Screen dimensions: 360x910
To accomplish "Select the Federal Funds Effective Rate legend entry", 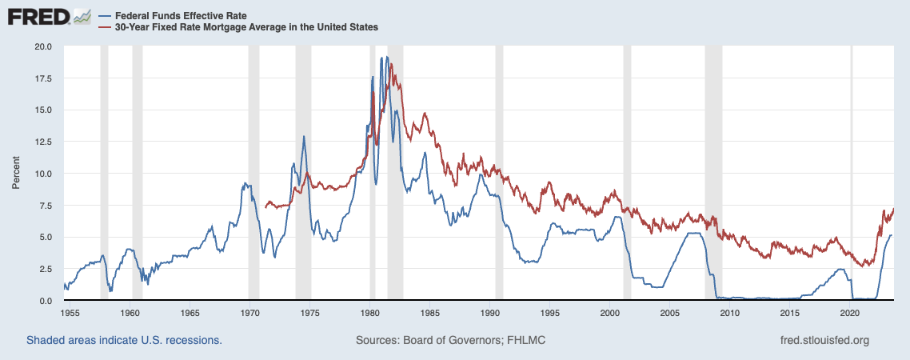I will tap(173, 15).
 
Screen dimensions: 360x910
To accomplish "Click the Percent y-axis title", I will tap(16, 173).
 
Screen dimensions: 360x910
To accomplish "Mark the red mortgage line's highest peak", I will tap(391, 64).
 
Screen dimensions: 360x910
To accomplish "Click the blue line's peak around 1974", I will tap(304, 137).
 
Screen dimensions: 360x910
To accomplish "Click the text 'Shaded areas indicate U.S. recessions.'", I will tap(124, 340).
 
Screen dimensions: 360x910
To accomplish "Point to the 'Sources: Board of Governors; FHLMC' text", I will tap(450, 340).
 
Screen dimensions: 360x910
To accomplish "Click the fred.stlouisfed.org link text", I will tap(824, 340).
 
